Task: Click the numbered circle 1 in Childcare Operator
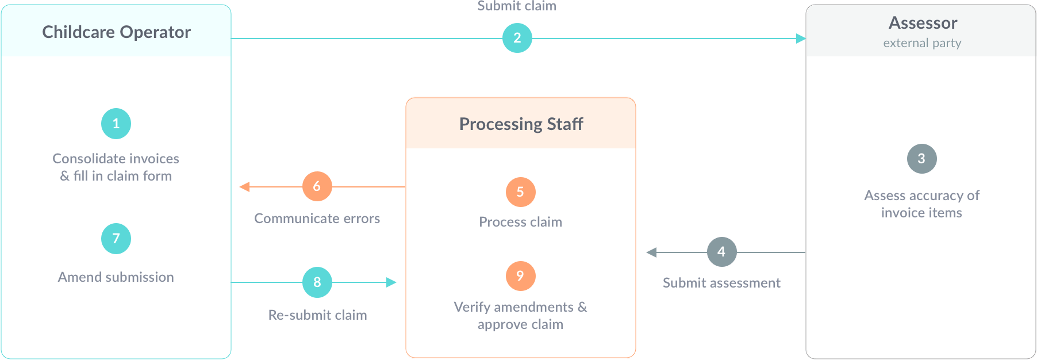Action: (x=116, y=124)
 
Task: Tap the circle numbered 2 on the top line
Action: (x=517, y=38)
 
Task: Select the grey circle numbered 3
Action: (x=921, y=159)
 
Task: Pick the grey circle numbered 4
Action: (x=721, y=252)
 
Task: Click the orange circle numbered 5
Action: (x=520, y=192)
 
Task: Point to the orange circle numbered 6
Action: (x=317, y=186)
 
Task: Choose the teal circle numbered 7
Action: (x=116, y=239)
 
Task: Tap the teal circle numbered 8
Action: (x=317, y=282)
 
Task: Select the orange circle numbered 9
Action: (x=520, y=276)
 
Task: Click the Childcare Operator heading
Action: (x=116, y=32)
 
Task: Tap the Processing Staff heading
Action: (x=521, y=124)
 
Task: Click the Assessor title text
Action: (x=923, y=23)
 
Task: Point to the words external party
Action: (x=922, y=43)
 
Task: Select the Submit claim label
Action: (x=517, y=6)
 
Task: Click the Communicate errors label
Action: (x=317, y=219)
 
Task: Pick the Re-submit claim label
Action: (x=317, y=315)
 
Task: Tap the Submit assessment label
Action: (x=721, y=283)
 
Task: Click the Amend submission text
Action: (x=116, y=277)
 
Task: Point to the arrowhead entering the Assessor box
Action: (x=801, y=39)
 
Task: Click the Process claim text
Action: (x=520, y=222)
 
